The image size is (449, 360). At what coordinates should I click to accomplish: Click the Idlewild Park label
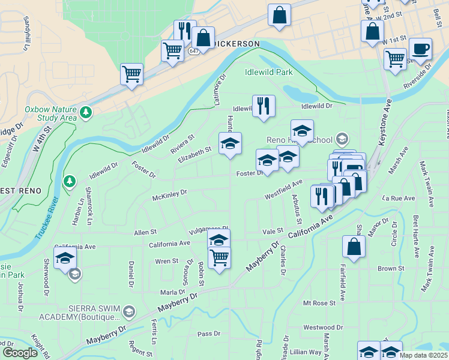click(268, 72)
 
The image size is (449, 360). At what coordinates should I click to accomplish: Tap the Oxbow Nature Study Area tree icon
click(86, 112)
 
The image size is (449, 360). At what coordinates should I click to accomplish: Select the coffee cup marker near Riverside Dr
click(420, 48)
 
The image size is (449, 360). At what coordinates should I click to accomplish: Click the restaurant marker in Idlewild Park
click(264, 106)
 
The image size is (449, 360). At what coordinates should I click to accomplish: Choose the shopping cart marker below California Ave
click(219, 257)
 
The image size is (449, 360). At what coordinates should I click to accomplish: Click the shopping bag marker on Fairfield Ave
click(354, 246)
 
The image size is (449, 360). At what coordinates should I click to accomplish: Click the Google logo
click(20, 353)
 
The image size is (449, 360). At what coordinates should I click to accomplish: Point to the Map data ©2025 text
click(423, 355)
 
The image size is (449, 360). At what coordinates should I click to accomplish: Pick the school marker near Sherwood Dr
click(65, 259)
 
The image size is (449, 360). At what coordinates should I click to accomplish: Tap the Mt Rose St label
click(319, 304)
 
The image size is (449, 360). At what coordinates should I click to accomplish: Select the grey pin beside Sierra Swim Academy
click(129, 311)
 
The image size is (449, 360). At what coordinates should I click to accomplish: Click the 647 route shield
click(193, 52)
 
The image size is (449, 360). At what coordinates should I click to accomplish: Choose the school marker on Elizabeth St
click(230, 143)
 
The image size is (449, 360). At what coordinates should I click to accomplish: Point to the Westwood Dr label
click(323, 328)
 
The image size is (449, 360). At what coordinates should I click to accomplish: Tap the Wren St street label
click(167, 261)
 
